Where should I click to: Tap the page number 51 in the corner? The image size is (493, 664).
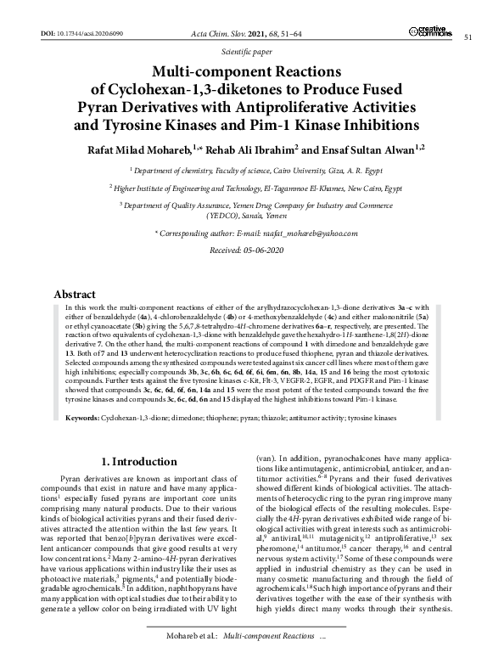pos(468,37)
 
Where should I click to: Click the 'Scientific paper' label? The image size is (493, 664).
pos(245,53)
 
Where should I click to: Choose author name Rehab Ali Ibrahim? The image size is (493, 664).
pos(271,149)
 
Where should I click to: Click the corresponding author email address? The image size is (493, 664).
pos(296,232)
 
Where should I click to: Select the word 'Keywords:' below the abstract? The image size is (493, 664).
pos(81,395)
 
